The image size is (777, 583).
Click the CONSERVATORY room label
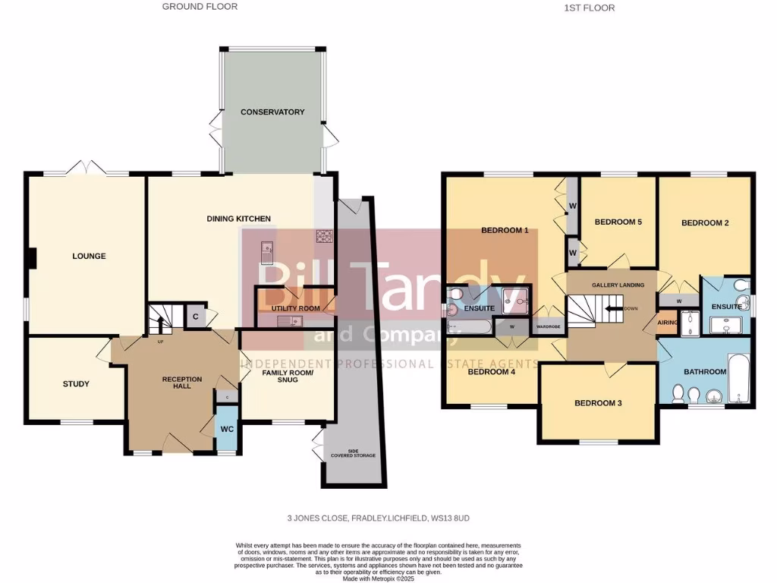272,112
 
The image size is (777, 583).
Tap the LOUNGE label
89,257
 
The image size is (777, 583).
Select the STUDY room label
76,384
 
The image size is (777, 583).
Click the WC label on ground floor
226,429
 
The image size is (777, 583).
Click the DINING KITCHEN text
239,219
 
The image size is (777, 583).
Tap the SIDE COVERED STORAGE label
351,453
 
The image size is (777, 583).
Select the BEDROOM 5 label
618,222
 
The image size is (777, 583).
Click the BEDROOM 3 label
598,403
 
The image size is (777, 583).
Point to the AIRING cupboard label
666,322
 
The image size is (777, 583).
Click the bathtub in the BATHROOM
738,378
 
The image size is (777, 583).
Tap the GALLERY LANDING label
618,285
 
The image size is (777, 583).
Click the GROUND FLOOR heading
200,7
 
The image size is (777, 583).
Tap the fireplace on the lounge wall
31,259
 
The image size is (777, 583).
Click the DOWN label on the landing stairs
631,309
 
